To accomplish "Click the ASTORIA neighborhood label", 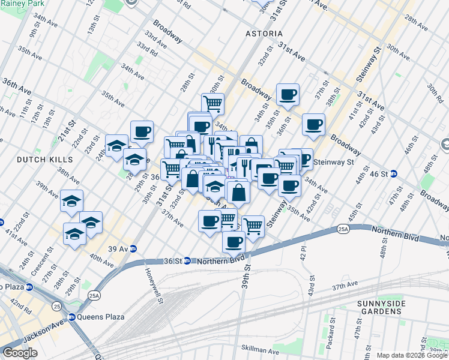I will pos(264,34).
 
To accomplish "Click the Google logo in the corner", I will pos(19,353).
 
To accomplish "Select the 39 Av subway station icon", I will pos(133,249).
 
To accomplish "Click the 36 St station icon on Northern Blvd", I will pos(187,261).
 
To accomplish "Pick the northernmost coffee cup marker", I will pos(288,94).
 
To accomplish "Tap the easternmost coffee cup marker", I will pos(313,124).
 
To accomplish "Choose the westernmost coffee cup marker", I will pos(142,131).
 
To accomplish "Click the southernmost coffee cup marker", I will pos(234,242).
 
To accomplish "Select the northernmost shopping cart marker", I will pos(212,103).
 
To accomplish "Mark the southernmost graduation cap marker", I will pos(74,233).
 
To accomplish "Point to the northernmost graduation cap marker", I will pos(116,145).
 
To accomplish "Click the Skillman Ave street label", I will pos(260,351).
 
